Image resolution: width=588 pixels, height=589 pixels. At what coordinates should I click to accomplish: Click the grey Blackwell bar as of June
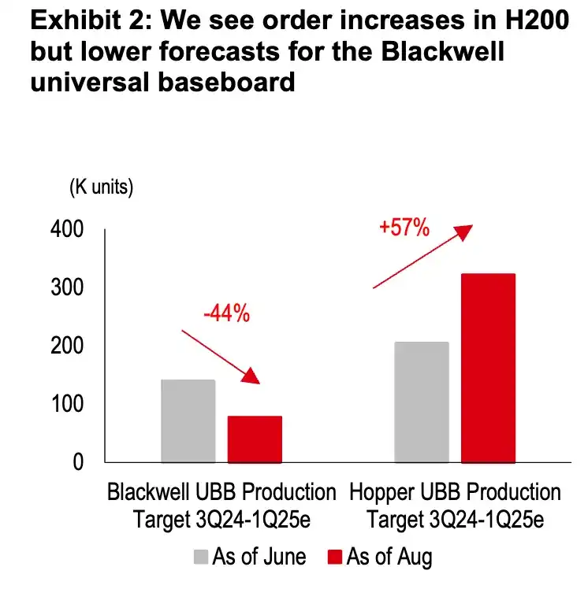(188, 420)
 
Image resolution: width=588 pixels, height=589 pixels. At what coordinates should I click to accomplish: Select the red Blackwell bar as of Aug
(255, 439)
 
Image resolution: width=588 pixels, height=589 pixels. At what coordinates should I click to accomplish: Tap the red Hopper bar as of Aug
(488, 368)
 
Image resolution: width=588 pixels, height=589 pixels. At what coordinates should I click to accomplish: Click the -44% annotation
(226, 313)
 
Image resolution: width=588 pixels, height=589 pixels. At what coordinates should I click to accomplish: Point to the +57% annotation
(404, 228)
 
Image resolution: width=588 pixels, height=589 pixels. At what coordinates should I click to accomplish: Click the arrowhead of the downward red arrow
(252, 376)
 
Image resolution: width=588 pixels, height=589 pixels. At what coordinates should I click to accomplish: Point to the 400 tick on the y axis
(67, 230)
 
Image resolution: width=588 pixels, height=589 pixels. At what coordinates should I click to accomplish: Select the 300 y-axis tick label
(67, 288)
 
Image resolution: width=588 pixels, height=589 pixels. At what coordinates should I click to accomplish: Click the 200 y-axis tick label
(67, 346)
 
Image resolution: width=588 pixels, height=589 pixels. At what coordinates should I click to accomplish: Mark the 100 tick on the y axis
(67, 405)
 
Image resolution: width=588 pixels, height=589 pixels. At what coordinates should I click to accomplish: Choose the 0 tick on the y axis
(77, 463)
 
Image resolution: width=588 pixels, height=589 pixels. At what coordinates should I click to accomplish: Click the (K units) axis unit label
(102, 187)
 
